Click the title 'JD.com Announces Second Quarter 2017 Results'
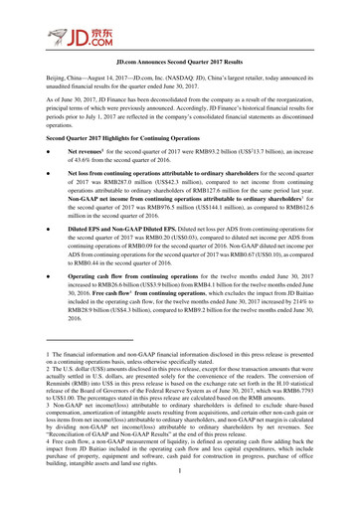pyautogui.click(x=179, y=76)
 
